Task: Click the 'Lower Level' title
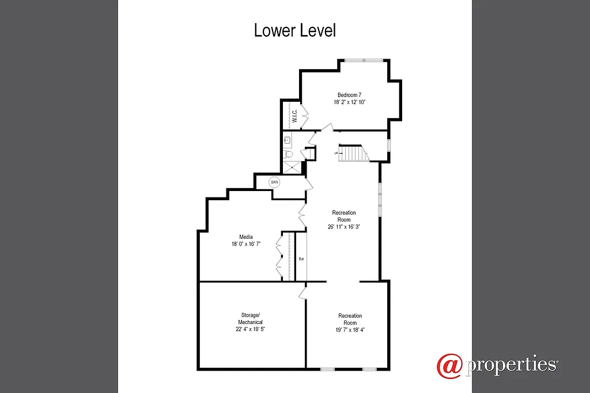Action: [x=294, y=30]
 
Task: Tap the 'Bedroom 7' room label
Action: [x=349, y=94]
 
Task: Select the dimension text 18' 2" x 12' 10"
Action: [x=349, y=102]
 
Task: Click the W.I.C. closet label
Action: [x=294, y=116]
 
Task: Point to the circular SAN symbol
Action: [x=275, y=182]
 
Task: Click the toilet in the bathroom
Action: [x=289, y=154]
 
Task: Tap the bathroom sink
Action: [x=287, y=139]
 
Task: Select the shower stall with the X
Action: [x=292, y=167]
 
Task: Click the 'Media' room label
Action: [x=246, y=236]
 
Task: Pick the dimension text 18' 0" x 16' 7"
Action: [x=246, y=244]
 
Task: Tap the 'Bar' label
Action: [x=301, y=259]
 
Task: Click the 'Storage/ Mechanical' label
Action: [x=250, y=319]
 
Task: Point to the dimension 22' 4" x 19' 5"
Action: [x=250, y=329]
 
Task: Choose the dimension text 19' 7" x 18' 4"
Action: [x=350, y=330]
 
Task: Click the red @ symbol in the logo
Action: [x=449, y=366]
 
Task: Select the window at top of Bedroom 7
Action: [x=363, y=60]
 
